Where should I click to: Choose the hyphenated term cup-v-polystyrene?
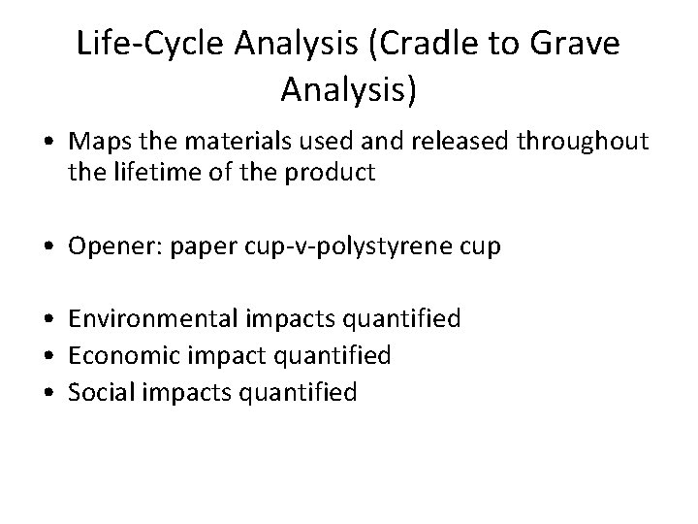(343, 246)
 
